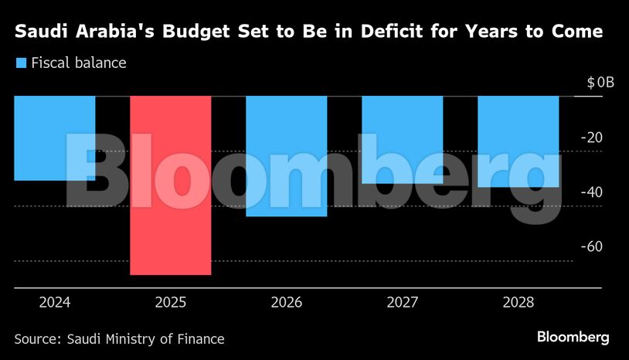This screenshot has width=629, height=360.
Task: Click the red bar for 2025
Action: pos(171,185)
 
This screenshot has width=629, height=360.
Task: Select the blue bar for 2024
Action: pos(54,138)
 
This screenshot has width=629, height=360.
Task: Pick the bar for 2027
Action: pos(402,140)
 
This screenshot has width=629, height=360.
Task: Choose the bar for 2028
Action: pos(518,141)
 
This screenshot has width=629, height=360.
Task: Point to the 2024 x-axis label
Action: pos(54,302)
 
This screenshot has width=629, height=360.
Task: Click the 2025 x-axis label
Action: pos(171,302)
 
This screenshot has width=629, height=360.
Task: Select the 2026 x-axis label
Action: pos(286,302)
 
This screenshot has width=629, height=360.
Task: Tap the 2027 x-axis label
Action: pos(402,302)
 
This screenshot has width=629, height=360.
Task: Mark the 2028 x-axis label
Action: pos(518,302)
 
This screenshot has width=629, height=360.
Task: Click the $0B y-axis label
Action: pos(600,83)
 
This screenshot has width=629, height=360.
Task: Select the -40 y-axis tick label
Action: pos(592,192)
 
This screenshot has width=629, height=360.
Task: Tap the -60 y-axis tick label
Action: pos(592,246)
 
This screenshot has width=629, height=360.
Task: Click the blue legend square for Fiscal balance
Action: pos(21,63)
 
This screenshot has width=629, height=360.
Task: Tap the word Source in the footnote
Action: pos(37,338)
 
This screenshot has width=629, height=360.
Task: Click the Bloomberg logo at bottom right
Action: pos(573,338)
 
